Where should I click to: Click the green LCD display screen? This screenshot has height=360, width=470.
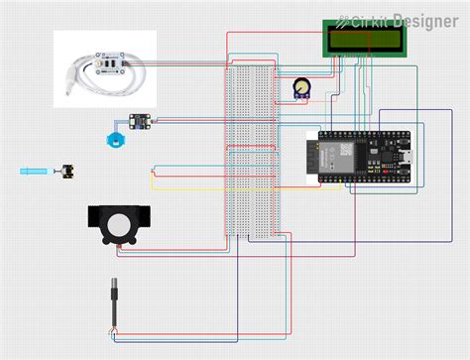(x=364, y=38)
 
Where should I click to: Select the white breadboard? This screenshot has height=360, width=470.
(x=250, y=149)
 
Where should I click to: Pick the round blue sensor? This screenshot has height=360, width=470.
(x=117, y=137)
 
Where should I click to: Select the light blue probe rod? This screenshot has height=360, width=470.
(x=38, y=172)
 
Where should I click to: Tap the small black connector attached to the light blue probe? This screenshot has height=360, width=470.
(x=69, y=171)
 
